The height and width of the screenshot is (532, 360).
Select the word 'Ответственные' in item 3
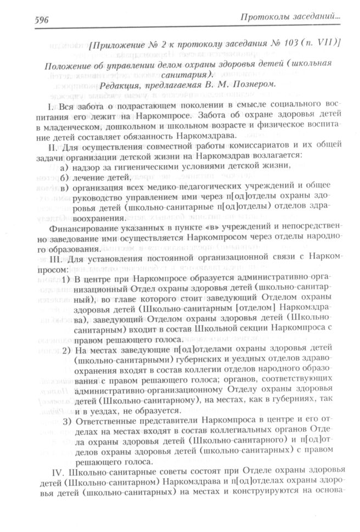109,422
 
